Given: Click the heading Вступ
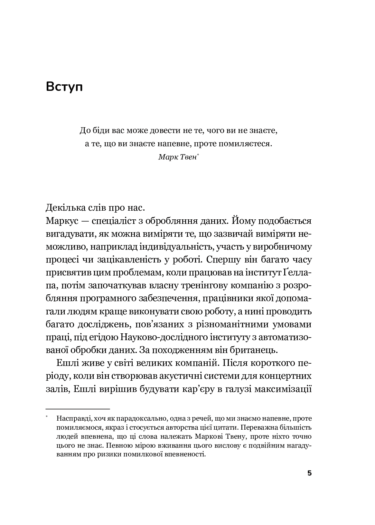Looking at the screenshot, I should point(64,87).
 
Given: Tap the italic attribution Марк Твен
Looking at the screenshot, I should point(177,157).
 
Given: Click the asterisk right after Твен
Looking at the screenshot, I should point(197,155).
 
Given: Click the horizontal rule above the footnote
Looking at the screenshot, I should point(78,409).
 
